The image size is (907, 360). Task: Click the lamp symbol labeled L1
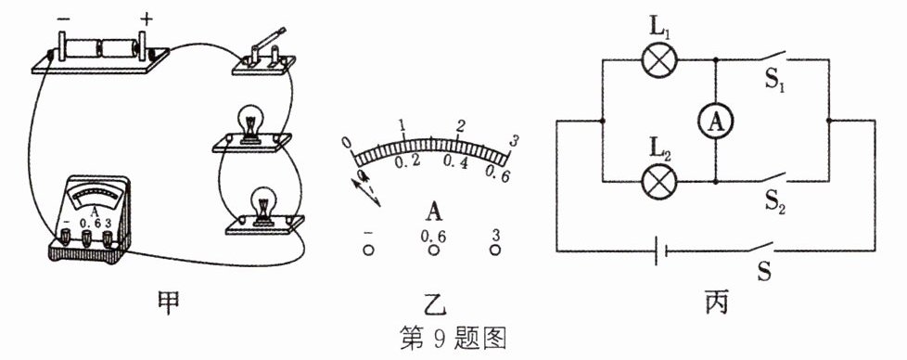(660, 59)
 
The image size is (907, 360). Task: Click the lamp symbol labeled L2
(660, 181)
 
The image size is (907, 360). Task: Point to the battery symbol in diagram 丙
(660, 251)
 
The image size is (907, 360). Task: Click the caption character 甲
(167, 302)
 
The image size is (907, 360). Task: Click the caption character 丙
(716, 302)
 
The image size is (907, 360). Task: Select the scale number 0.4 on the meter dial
(455, 164)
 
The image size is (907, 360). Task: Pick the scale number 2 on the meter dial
(460, 126)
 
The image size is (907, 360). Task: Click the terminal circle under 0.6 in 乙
(433, 250)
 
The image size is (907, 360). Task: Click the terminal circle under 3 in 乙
(495, 250)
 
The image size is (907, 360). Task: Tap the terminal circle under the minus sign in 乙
(368, 250)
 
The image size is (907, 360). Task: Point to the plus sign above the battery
(146, 19)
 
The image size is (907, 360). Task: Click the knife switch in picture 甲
(263, 53)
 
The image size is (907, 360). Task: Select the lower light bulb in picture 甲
(263, 205)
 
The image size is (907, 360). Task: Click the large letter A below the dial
(434, 211)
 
